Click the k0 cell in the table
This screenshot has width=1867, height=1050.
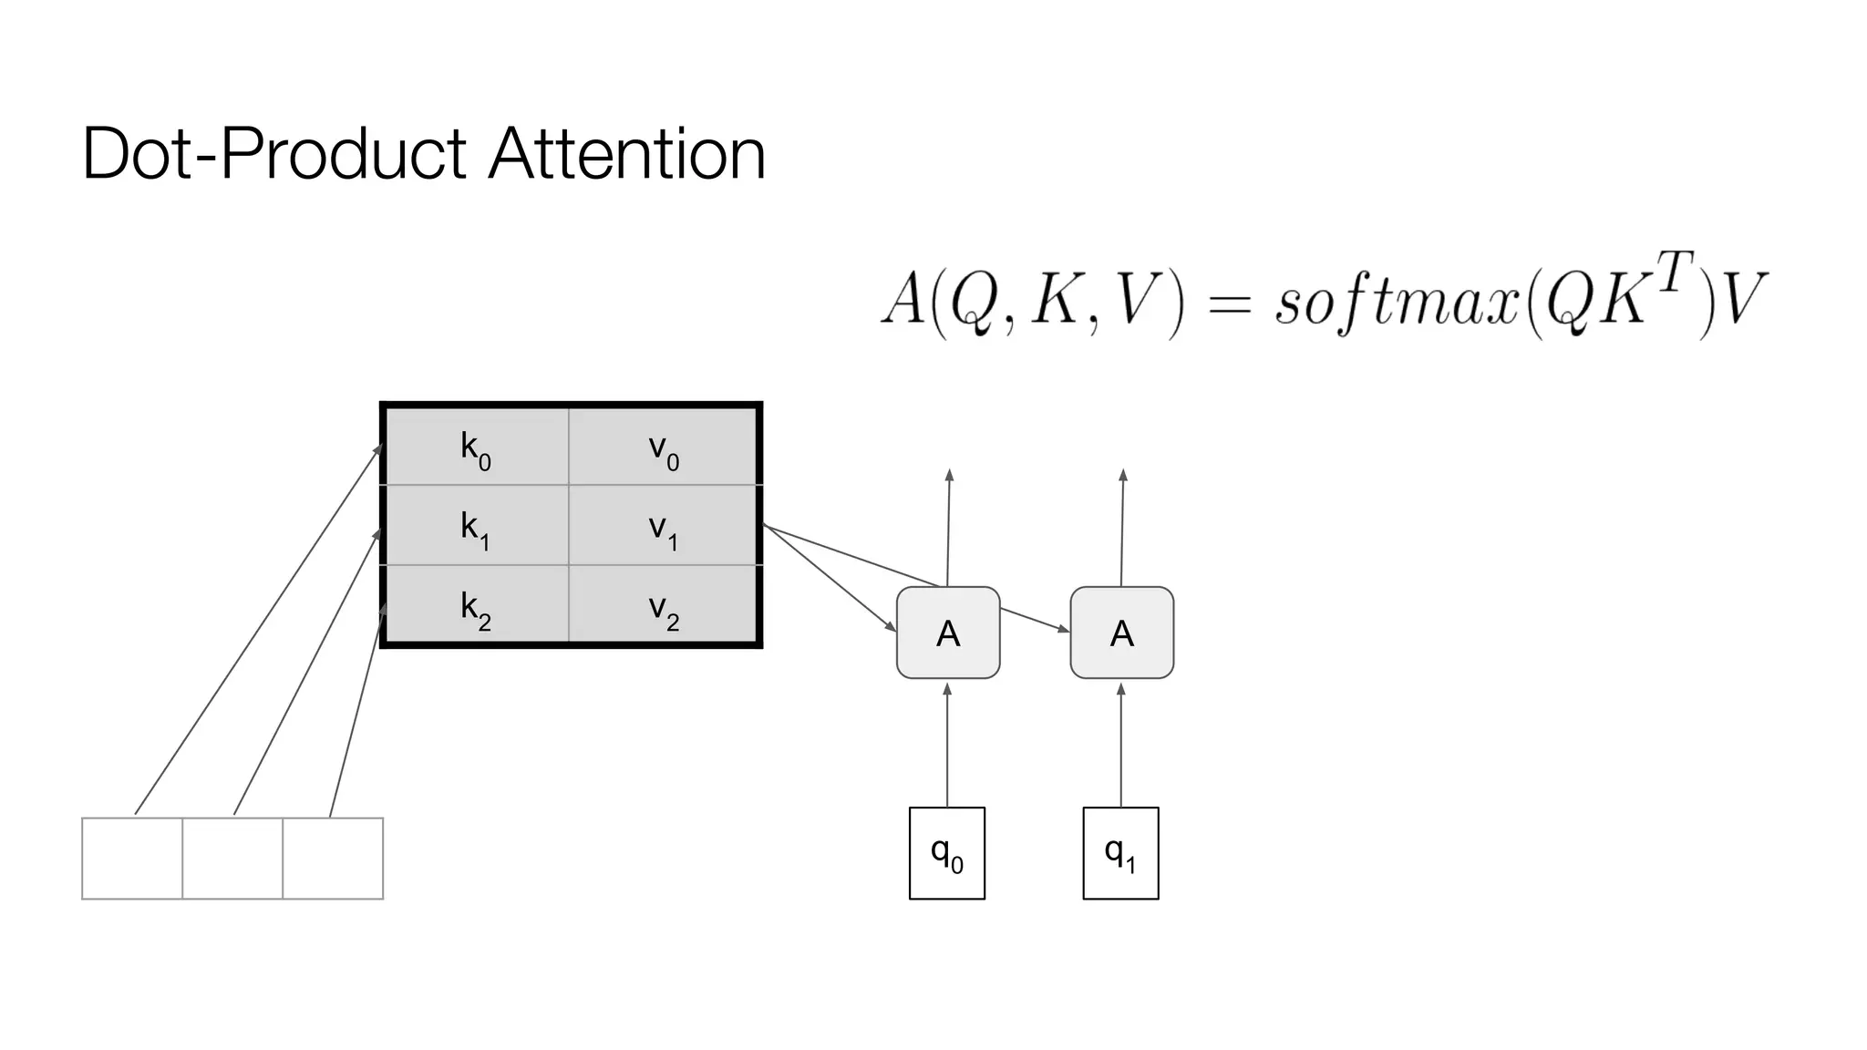(x=476, y=447)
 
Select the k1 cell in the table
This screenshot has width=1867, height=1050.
(x=476, y=526)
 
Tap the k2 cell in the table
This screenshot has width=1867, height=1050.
(x=476, y=605)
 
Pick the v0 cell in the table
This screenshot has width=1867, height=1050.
(x=664, y=447)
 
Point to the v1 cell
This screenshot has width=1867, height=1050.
(x=664, y=526)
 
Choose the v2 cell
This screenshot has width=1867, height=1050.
(x=664, y=605)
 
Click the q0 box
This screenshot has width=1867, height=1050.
(x=947, y=853)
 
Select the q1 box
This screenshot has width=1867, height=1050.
(x=1120, y=853)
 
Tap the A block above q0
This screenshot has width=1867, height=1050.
(x=948, y=633)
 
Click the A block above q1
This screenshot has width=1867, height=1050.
(x=1121, y=633)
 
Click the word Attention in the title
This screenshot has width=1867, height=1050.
(x=627, y=153)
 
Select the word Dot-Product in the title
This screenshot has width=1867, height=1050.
(x=274, y=153)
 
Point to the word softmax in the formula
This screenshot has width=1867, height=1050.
(x=1396, y=302)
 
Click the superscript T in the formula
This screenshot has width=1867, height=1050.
(x=1675, y=272)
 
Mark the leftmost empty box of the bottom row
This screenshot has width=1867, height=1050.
(x=132, y=859)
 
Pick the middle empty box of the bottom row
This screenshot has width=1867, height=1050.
(x=232, y=859)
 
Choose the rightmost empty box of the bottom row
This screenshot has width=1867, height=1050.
(x=333, y=859)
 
